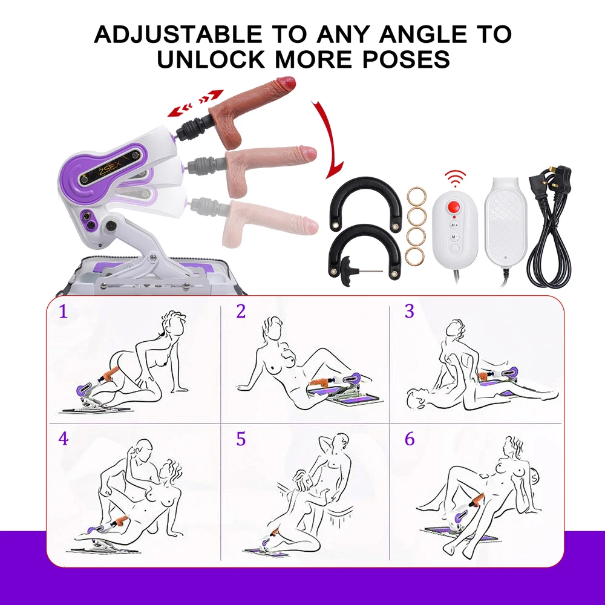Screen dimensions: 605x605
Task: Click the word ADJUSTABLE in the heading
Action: pyautogui.click(x=178, y=34)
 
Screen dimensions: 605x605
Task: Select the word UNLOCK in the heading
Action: pyautogui.click(x=211, y=59)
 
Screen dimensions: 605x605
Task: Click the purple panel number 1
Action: pyautogui.click(x=64, y=312)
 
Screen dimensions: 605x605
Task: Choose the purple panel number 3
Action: pyautogui.click(x=410, y=311)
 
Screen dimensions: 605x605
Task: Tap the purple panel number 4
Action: pyautogui.click(x=64, y=439)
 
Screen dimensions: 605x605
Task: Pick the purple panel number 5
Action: pyautogui.click(x=241, y=439)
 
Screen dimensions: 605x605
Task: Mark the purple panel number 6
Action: pyautogui.click(x=410, y=439)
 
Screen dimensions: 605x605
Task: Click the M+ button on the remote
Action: pyautogui.click(x=454, y=224)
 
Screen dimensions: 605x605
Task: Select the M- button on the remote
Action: pyautogui.click(x=454, y=237)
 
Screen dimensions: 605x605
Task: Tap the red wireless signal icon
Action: pyautogui.click(x=454, y=178)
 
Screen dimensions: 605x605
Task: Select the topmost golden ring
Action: pyautogui.click(x=416, y=197)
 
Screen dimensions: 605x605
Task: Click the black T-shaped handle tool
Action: pyautogui.click(x=347, y=270)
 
